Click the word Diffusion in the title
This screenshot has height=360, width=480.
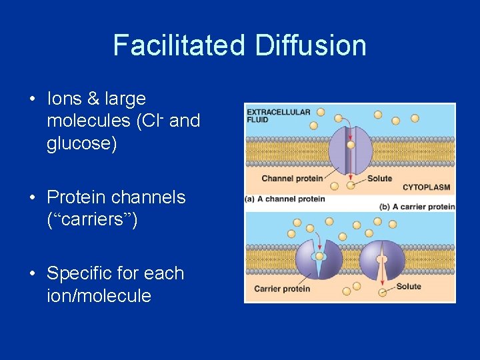pos(310,45)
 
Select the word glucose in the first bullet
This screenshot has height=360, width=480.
pos(81,144)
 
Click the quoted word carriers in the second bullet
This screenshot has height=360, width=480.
pos(92,220)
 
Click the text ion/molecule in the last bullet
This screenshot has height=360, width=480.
pos(99,296)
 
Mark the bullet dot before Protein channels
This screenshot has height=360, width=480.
pos(32,198)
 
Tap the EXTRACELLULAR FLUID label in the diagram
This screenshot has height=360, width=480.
pos(278,115)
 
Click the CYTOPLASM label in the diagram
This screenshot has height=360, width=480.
pos(426,187)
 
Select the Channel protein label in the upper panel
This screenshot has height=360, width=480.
pos(291,178)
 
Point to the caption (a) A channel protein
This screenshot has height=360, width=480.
pos(285,199)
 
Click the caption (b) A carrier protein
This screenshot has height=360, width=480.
pos(417,207)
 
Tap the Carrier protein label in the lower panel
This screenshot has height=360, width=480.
pos(282,289)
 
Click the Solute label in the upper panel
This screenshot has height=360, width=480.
pos(379,178)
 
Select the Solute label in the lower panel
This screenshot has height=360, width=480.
pos(408,287)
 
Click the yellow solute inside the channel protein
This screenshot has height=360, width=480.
pos(351,144)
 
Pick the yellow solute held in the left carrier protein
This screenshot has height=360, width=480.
pos(319,256)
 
